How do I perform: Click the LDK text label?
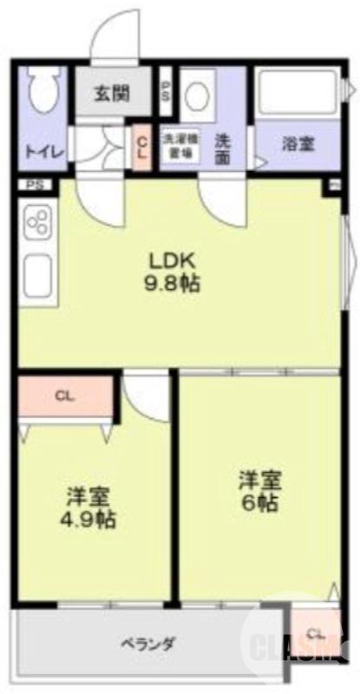173,259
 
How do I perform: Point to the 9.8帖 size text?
173,283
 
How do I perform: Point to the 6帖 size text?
259,502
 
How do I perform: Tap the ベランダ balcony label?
148,645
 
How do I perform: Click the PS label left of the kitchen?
33,184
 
